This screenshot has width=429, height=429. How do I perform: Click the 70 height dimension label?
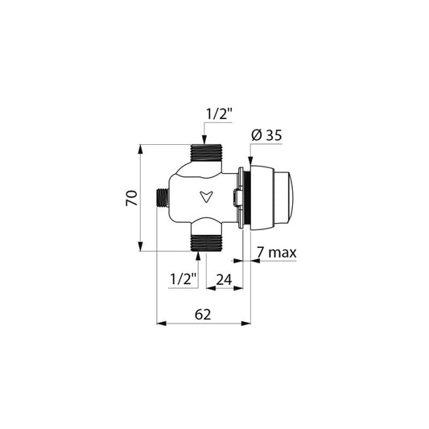(132, 198)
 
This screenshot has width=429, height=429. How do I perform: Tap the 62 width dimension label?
(203, 315)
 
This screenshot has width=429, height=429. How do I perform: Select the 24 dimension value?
(224, 280)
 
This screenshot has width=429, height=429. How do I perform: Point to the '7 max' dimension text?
(277, 252)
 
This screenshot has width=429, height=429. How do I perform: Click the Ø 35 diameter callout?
(266, 135)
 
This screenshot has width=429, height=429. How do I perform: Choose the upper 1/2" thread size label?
(219, 114)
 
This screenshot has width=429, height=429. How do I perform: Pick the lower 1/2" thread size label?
(184, 279)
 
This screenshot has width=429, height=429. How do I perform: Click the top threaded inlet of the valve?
(206, 153)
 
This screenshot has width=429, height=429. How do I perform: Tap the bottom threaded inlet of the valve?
(206, 243)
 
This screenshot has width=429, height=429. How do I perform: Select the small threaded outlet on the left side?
(163, 198)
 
